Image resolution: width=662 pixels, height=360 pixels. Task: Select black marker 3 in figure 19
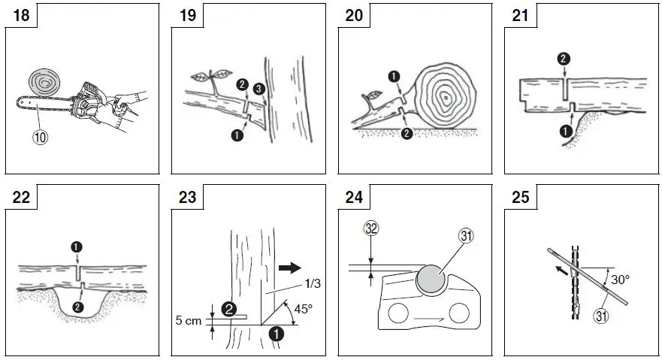pos(257,90)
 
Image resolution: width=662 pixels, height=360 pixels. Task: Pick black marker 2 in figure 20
pos(407,134)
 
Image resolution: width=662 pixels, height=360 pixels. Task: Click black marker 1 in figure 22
pos(77,246)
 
